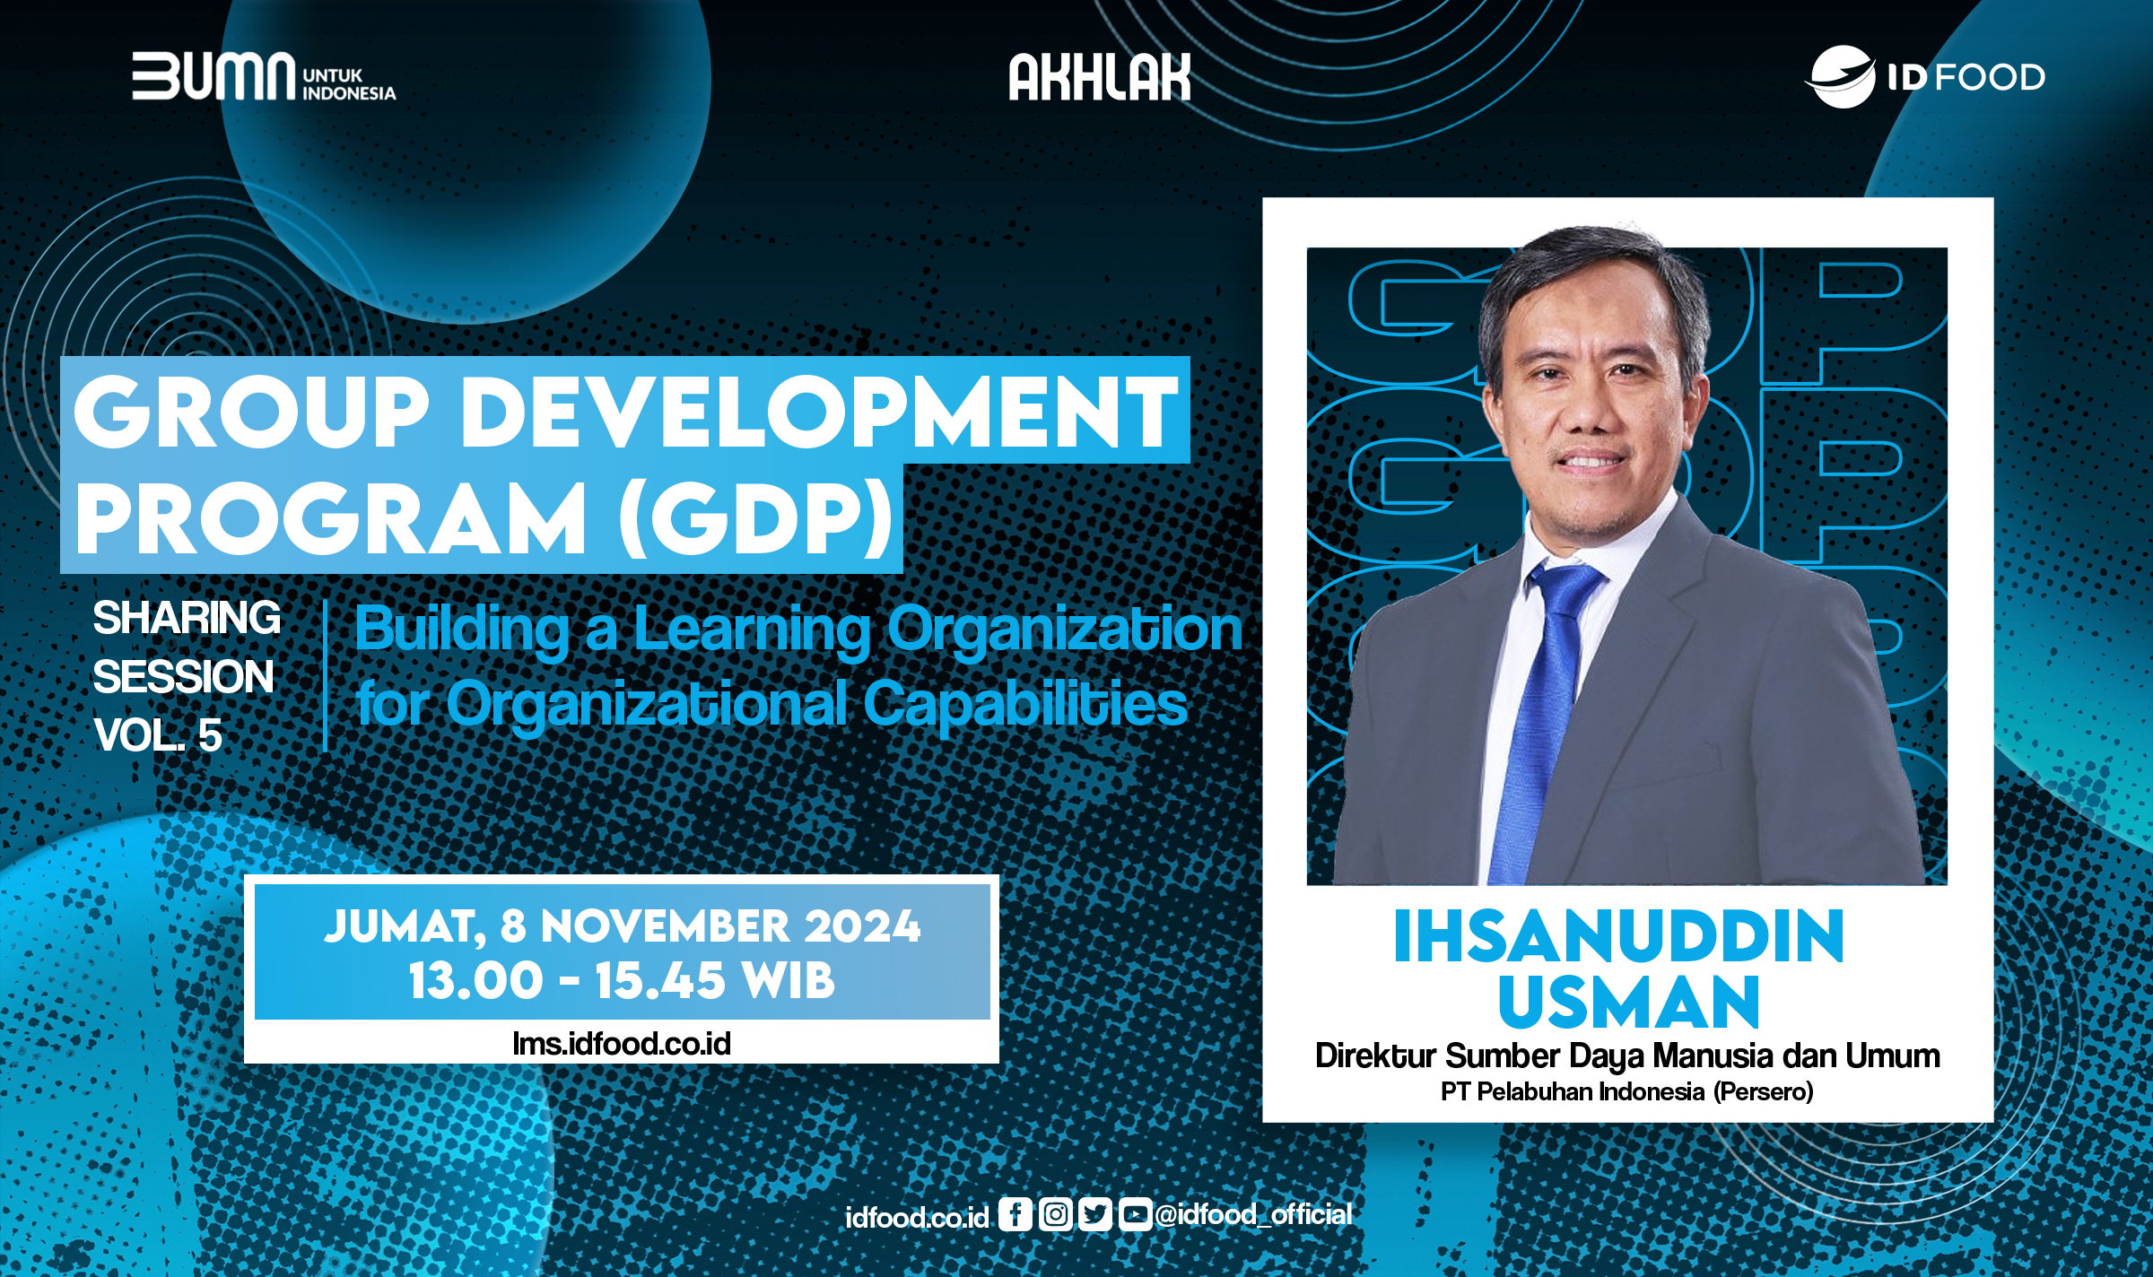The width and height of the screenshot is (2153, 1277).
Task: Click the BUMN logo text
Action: (214, 76)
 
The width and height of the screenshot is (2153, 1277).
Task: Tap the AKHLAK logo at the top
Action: (1100, 77)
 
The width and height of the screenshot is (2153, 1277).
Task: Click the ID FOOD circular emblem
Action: (1843, 77)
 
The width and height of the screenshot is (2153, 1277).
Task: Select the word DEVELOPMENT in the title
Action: (824, 413)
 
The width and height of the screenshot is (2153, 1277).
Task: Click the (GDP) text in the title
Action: (756, 520)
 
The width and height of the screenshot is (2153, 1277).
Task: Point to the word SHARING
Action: (187, 618)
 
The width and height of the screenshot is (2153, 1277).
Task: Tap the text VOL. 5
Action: (158, 735)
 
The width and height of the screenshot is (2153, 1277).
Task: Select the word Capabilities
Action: (1025, 704)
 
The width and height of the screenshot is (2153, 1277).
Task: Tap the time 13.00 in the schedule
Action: (475, 980)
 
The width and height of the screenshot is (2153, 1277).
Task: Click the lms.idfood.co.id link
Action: (622, 1043)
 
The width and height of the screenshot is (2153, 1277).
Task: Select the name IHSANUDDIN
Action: (1619, 938)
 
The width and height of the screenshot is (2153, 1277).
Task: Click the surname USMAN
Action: (1628, 1003)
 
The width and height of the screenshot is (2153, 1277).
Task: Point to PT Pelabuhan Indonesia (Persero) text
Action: (1626, 1091)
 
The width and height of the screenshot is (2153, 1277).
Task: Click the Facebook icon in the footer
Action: (1015, 1214)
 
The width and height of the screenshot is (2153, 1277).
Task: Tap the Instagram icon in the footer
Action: (1055, 1214)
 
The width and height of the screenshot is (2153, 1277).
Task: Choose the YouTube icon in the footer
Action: (1134, 1214)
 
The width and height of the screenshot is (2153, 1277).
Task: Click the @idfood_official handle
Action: (1253, 1214)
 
